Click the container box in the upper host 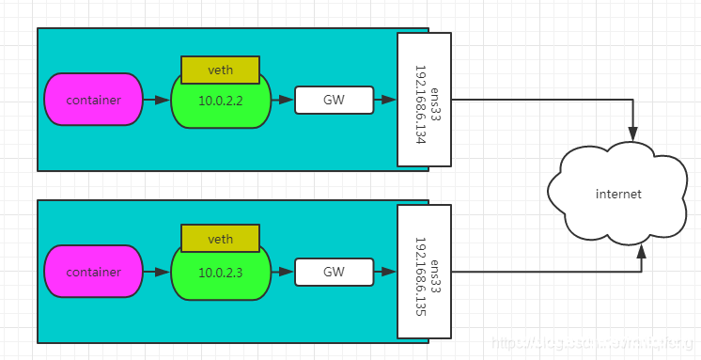tap(93, 100)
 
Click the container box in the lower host tap(93, 272)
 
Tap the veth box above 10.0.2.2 tap(220, 70)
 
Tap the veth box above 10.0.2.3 tap(220, 240)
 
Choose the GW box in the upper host tap(334, 100)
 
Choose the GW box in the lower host tap(334, 272)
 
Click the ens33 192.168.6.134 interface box tap(425, 100)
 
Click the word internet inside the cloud tap(617, 194)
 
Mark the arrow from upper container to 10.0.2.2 tap(157, 100)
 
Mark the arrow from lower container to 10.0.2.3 tap(157, 272)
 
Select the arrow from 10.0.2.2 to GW tap(283, 100)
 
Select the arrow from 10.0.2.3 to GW tap(283, 272)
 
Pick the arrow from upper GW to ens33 tap(385, 100)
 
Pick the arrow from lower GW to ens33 tap(385, 272)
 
